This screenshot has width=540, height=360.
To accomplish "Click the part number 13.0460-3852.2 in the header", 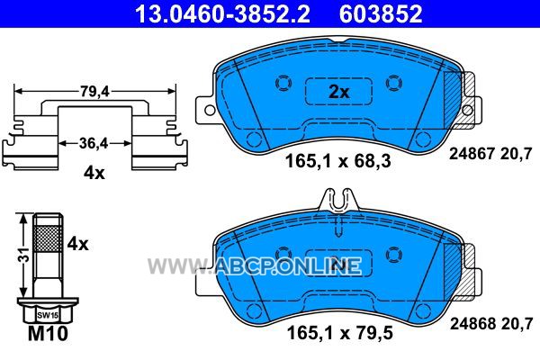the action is click(x=222, y=14).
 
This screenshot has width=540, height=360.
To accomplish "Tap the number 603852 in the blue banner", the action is click(x=381, y=14).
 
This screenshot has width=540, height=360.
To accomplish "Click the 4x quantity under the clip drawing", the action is click(x=94, y=173).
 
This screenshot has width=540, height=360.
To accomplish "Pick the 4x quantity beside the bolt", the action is click(x=77, y=244).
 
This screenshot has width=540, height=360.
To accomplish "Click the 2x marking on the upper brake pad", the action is click(x=339, y=92).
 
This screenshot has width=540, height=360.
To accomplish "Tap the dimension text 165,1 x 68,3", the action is click(x=338, y=161).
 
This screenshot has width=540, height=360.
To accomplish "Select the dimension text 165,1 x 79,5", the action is click(x=340, y=333).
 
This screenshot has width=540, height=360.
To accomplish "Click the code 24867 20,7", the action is click(x=490, y=153).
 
